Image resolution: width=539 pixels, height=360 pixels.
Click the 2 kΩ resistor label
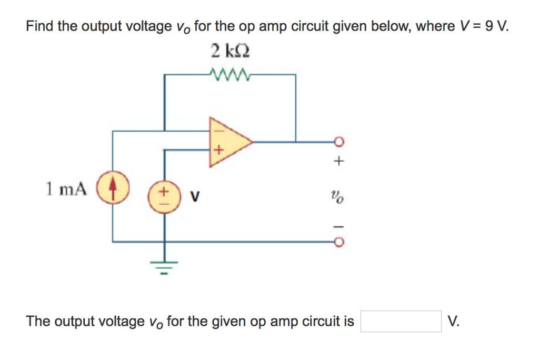(x=229, y=51)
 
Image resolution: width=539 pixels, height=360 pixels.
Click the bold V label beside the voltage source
(x=195, y=197)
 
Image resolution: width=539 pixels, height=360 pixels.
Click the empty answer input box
(x=401, y=321)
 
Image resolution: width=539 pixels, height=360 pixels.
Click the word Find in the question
(x=40, y=26)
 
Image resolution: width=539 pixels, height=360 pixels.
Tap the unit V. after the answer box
(x=453, y=321)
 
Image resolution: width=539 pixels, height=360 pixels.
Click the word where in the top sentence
(x=434, y=26)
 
